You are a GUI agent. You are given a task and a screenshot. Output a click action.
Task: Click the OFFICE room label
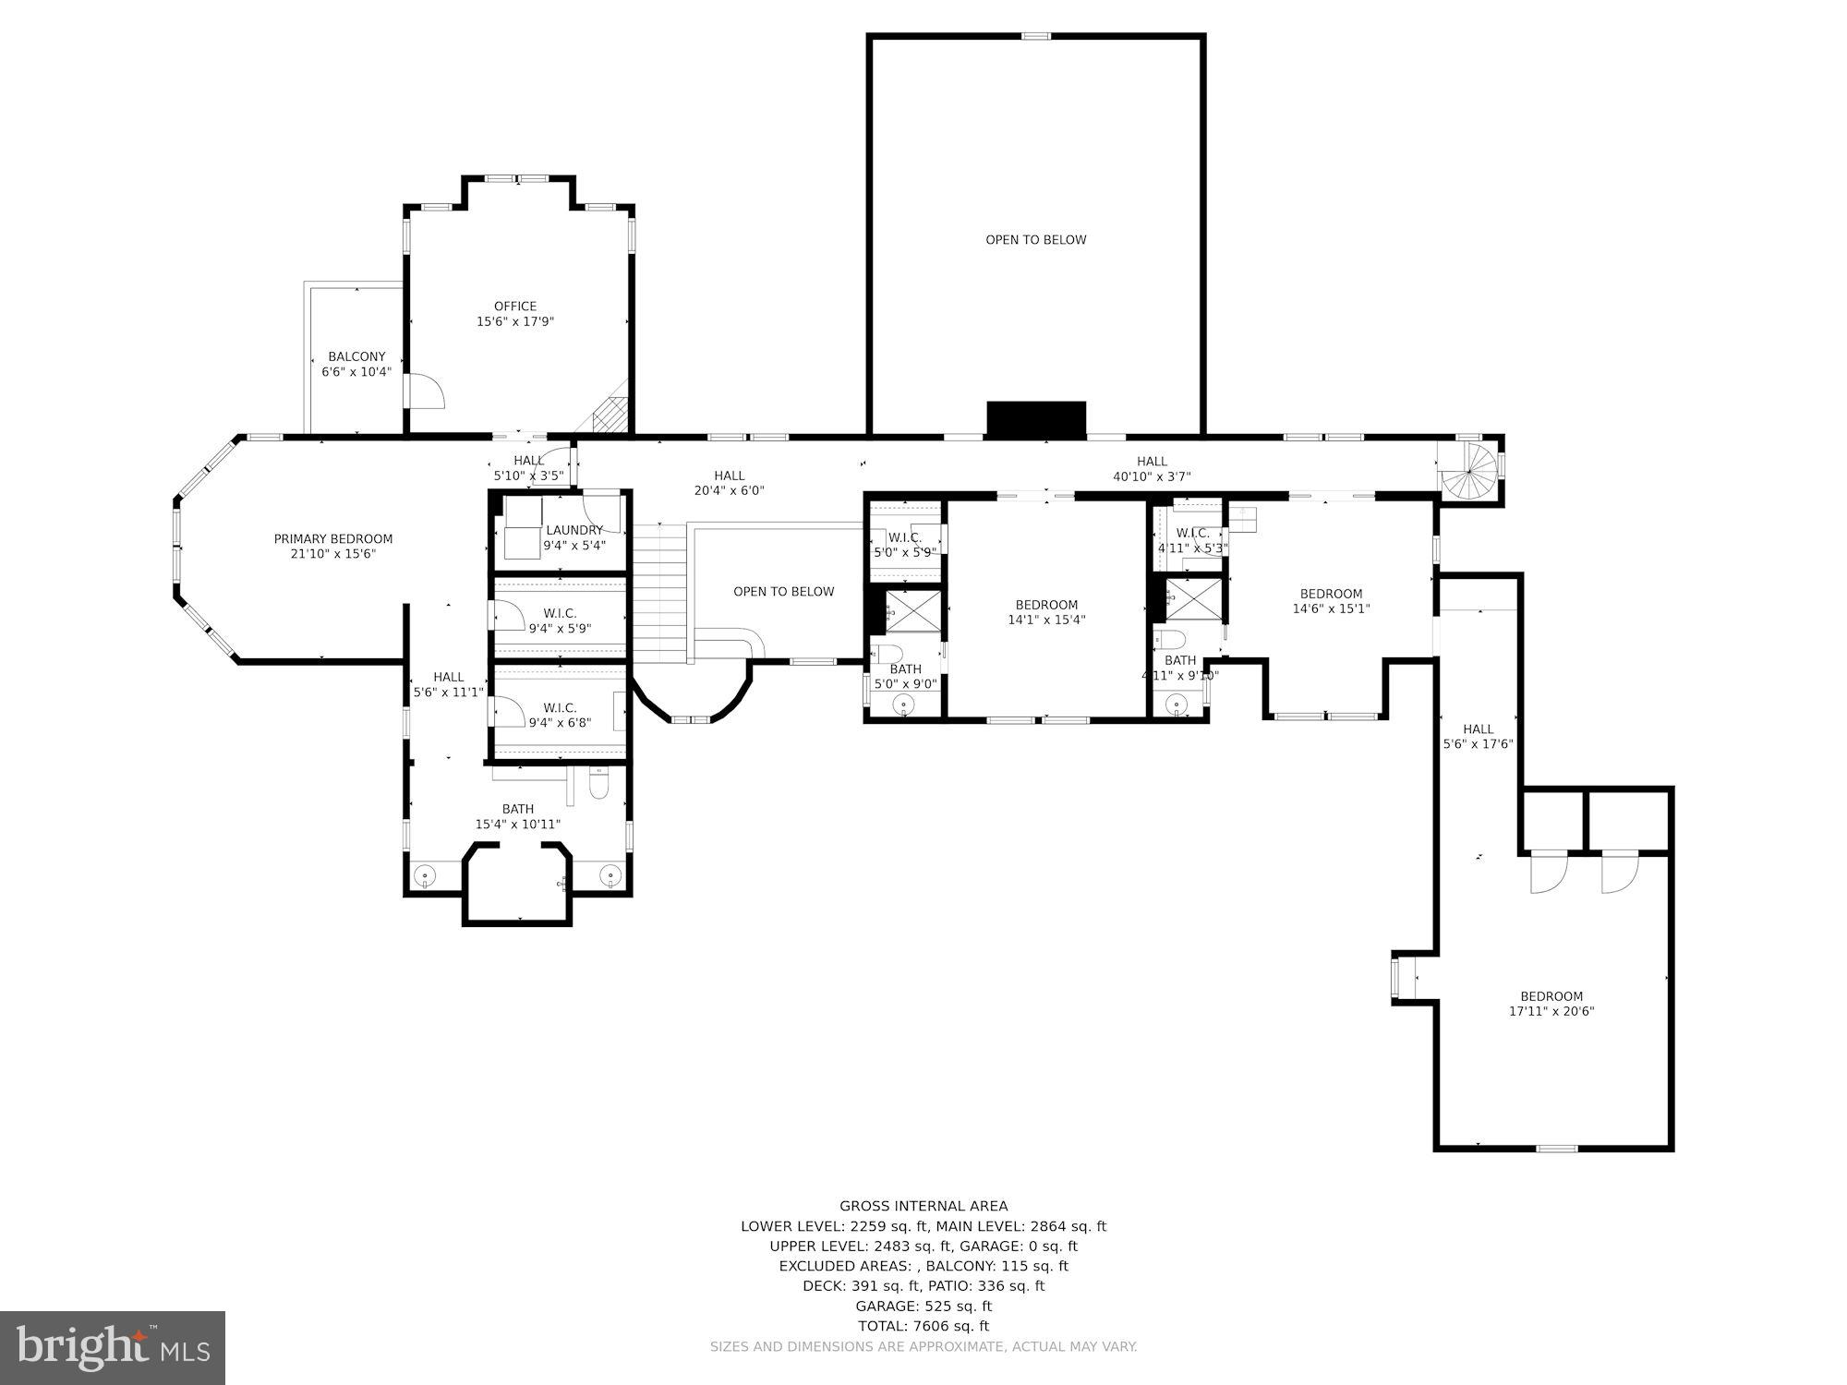click(514, 307)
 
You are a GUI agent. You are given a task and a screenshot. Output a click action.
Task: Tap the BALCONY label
click(356, 357)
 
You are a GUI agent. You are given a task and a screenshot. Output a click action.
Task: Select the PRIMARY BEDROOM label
click(332, 539)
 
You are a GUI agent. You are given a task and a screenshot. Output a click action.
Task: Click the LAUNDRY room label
click(573, 530)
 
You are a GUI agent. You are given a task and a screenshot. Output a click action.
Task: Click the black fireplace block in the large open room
click(1035, 418)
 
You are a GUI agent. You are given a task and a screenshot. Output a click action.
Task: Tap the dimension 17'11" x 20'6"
click(1551, 1011)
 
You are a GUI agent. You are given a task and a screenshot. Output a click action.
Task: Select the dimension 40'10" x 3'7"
click(1152, 476)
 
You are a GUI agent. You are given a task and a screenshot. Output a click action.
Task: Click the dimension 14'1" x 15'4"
click(1046, 620)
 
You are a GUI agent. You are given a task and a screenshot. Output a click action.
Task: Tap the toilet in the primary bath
click(598, 786)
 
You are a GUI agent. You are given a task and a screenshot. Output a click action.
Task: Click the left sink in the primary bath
click(426, 873)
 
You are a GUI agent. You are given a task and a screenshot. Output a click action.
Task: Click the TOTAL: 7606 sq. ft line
click(923, 1326)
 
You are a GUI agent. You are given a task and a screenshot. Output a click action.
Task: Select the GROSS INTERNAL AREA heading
click(923, 1206)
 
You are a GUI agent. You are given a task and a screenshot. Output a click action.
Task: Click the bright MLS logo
click(113, 1348)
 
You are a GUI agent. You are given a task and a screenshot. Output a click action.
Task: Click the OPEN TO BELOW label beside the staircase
click(783, 592)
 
